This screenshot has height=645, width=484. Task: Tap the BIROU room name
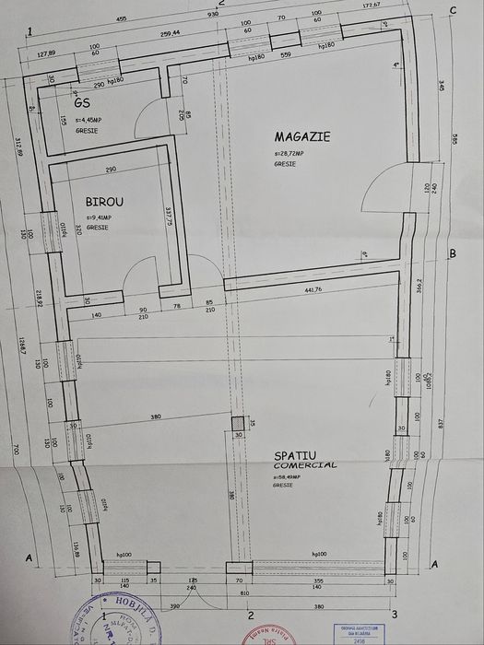pos(105,201)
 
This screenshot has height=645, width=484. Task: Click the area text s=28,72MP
pos(291,153)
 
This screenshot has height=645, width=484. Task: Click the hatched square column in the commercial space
pos(238,424)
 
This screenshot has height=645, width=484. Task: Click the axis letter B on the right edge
pos(452,252)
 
